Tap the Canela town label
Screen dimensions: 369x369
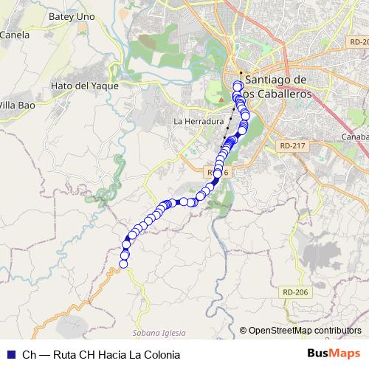(14, 34)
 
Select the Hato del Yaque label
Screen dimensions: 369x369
(84, 86)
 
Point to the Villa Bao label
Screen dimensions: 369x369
(17, 103)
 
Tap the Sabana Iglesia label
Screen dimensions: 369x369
(159, 333)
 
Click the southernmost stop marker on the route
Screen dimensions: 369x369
(124, 263)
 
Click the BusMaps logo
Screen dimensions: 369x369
(334, 354)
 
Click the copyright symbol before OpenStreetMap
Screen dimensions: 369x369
(244, 331)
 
